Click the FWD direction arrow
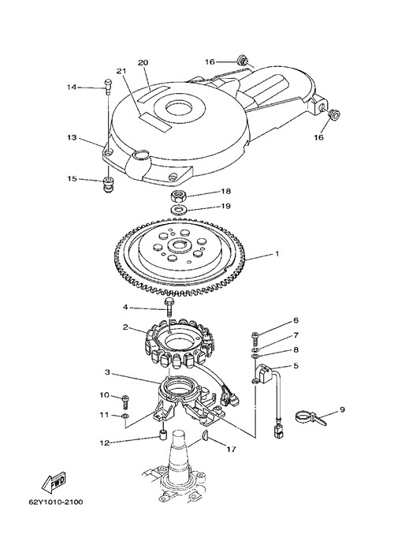click(x=54, y=483)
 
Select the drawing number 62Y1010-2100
click(x=55, y=502)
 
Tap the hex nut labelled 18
click(x=179, y=197)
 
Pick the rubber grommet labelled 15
click(x=109, y=184)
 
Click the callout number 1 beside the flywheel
click(x=277, y=254)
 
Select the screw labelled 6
click(x=255, y=337)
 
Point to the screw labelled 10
click(x=125, y=401)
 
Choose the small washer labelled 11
click(x=125, y=416)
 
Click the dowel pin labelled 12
click(x=163, y=435)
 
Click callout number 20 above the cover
click(x=143, y=62)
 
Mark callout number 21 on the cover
click(x=121, y=71)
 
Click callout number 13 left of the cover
click(x=72, y=138)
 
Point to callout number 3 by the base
click(x=108, y=372)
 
